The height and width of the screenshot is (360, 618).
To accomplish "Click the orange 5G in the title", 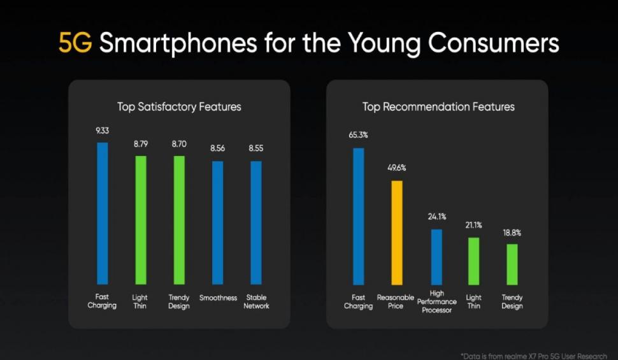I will click(x=75, y=43).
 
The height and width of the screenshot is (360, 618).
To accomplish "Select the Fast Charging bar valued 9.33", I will click(x=103, y=213).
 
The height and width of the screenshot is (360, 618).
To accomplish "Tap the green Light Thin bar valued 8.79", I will click(x=141, y=220).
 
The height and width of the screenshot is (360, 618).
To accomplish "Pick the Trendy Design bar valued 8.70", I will click(x=179, y=220).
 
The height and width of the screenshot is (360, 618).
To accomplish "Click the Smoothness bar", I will click(x=218, y=222).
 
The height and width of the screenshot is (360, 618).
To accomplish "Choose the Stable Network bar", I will click(x=255, y=222).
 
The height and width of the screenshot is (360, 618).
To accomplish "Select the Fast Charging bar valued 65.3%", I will click(x=359, y=216).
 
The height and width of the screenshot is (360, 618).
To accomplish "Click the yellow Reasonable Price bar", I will click(x=397, y=233).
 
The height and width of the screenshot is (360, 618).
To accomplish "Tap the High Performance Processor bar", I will click(x=436, y=257).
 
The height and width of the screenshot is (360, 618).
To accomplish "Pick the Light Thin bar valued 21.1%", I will click(x=473, y=261).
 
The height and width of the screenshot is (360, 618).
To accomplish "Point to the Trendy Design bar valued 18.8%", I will click(x=512, y=264).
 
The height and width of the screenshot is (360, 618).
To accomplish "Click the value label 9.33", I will click(x=103, y=131).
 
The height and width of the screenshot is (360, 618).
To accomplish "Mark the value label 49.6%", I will click(x=397, y=168).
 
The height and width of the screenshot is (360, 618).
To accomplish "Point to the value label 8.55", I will click(x=256, y=148).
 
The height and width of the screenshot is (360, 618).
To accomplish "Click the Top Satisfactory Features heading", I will click(x=179, y=106).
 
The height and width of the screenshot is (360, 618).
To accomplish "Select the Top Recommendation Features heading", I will click(x=438, y=106).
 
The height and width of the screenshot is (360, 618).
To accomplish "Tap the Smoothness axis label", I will click(x=218, y=298).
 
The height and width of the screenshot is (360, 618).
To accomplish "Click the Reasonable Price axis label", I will click(x=396, y=302).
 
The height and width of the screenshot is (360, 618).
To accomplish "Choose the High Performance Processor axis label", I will click(x=437, y=302).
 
